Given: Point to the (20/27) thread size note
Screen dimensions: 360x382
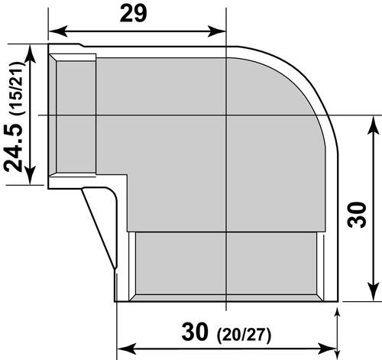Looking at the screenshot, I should [x=248, y=334].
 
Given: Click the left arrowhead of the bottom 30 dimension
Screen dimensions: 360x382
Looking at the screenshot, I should [x=121, y=342].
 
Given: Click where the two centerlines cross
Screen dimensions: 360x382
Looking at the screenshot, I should [x=227, y=115].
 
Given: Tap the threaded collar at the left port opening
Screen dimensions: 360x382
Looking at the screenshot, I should [x=73, y=115].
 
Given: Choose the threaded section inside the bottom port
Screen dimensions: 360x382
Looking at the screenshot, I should [x=227, y=264].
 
